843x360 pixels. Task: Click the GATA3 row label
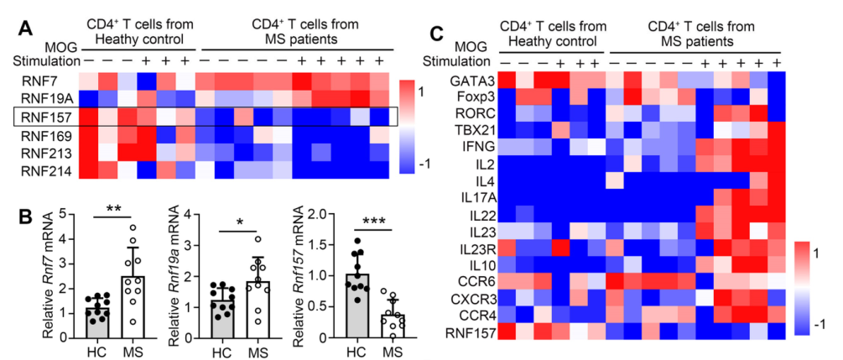click(476, 81)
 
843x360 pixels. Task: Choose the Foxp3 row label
click(478, 98)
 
